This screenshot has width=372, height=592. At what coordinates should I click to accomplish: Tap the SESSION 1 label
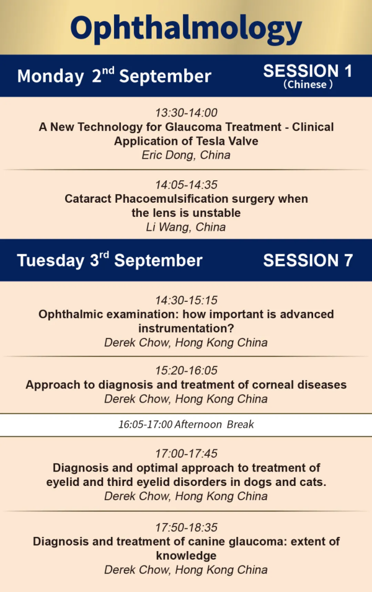308,71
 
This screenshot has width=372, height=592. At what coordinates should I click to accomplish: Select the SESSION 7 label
308,260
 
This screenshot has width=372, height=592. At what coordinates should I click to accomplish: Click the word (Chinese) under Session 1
308,84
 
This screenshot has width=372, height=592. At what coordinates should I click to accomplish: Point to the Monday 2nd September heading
114,75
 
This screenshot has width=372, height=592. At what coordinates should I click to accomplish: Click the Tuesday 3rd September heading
110,260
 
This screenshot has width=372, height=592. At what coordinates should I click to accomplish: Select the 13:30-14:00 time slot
186,112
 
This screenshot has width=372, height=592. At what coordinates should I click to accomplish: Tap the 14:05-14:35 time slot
186,185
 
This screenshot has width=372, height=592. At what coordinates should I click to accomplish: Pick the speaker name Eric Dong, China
186,155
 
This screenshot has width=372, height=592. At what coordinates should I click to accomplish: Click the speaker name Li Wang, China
186,228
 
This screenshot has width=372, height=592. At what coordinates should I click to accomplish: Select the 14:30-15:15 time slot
186,300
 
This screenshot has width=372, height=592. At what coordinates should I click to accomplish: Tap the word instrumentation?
186,329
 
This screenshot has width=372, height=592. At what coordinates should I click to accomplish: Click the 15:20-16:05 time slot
186,370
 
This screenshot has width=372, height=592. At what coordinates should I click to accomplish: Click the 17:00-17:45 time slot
186,453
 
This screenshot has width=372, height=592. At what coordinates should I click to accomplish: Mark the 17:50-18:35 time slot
186,528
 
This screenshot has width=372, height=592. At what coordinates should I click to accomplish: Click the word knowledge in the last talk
186,556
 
